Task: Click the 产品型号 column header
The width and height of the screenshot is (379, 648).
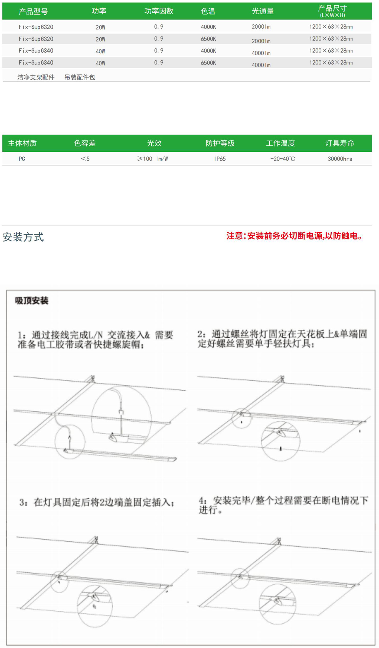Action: click(x=33, y=11)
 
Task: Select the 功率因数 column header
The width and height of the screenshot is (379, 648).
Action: click(x=159, y=11)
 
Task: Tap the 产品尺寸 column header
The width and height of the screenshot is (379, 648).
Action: click(x=332, y=11)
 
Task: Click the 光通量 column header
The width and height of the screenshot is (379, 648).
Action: click(x=263, y=11)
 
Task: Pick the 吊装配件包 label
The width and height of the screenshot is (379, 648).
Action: click(x=80, y=77)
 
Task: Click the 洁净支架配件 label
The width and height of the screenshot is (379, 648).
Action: click(x=36, y=77)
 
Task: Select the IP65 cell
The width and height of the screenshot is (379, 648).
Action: click(x=220, y=159)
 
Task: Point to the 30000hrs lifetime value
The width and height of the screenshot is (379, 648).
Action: click(x=340, y=159)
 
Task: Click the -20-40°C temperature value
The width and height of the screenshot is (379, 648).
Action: click(x=283, y=159)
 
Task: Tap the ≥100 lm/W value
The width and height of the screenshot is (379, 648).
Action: click(x=152, y=159)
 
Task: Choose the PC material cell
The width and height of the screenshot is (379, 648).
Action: click(x=22, y=159)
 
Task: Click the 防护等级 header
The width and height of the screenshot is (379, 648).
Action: click(x=220, y=143)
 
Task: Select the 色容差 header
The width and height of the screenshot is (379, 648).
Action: click(x=85, y=143)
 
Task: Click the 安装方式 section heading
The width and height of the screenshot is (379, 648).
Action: click(x=23, y=237)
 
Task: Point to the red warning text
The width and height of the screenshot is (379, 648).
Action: click(x=295, y=236)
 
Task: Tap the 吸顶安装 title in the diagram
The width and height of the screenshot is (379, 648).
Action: click(x=32, y=300)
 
